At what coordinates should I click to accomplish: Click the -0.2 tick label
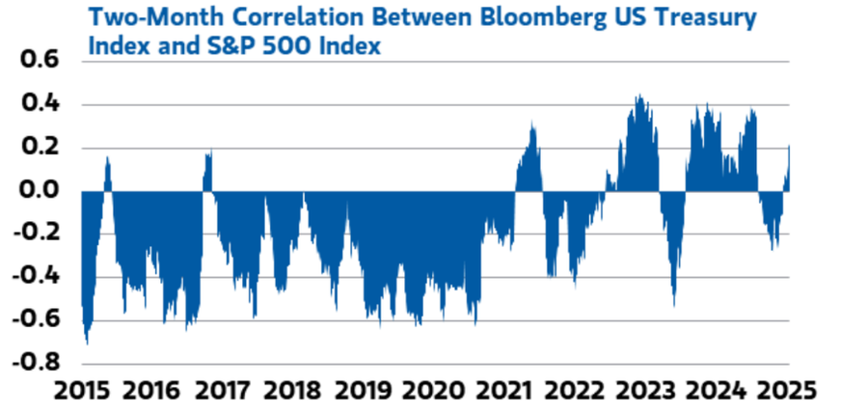(x=34, y=234)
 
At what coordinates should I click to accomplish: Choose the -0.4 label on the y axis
(x=34, y=277)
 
